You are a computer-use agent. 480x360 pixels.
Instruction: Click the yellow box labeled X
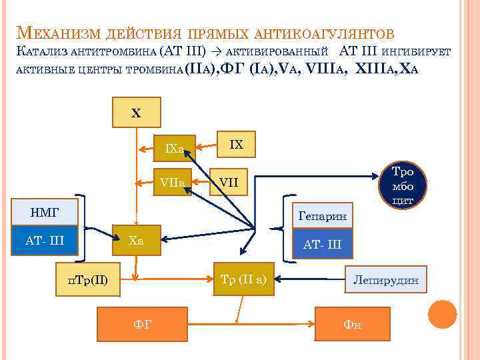[x=136, y=113]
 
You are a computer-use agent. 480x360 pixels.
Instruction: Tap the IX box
[x=237, y=144]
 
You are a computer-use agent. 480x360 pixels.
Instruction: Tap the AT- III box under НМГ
[x=45, y=240]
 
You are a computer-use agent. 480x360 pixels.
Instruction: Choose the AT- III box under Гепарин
[x=322, y=244]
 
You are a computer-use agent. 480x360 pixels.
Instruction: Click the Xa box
[x=136, y=240]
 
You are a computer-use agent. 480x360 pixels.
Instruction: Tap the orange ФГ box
[x=143, y=323]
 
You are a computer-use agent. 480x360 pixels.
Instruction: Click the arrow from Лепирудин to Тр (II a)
[x=310, y=279]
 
